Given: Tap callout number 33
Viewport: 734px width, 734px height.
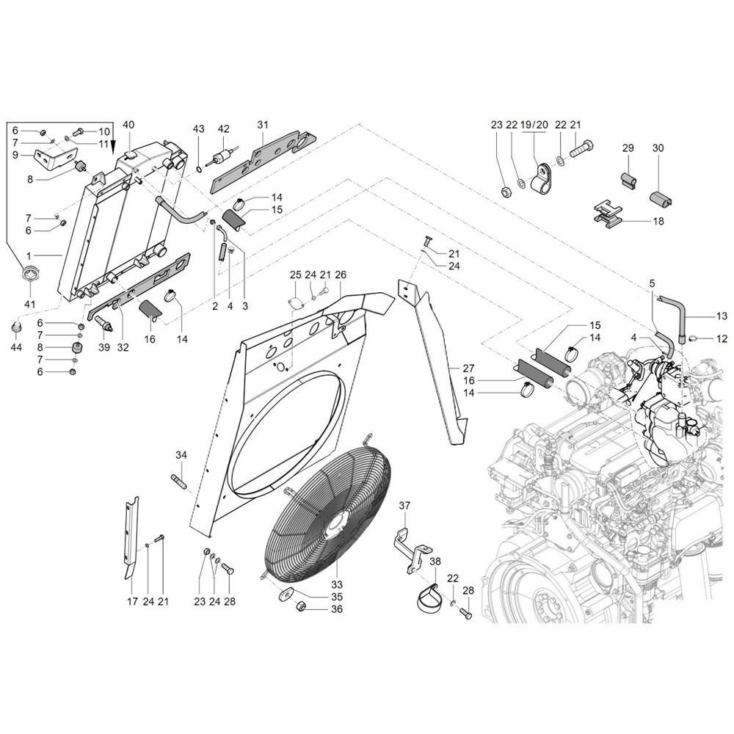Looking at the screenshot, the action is pyautogui.click(x=337, y=584).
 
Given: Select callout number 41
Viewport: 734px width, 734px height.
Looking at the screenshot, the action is pyautogui.click(x=30, y=304).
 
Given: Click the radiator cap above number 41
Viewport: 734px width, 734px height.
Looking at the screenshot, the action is pyautogui.click(x=30, y=277).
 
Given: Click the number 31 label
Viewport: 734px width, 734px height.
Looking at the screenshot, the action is pyautogui.click(x=263, y=125).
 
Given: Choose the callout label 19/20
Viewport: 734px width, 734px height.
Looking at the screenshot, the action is pyautogui.click(x=534, y=125).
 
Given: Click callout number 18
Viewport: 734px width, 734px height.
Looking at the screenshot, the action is pyautogui.click(x=658, y=221).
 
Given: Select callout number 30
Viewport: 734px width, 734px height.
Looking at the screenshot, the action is pyautogui.click(x=658, y=148).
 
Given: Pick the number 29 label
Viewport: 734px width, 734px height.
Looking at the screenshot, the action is pyautogui.click(x=628, y=148).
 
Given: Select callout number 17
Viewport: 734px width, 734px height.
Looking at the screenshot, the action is pyautogui.click(x=132, y=602).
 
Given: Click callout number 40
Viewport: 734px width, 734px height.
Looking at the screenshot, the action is pyautogui.click(x=128, y=125).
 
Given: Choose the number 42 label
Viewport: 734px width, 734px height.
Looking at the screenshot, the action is pyautogui.click(x=224, y=129).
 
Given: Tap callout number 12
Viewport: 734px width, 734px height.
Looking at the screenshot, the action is pyautogui.click(x=722, y=338).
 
